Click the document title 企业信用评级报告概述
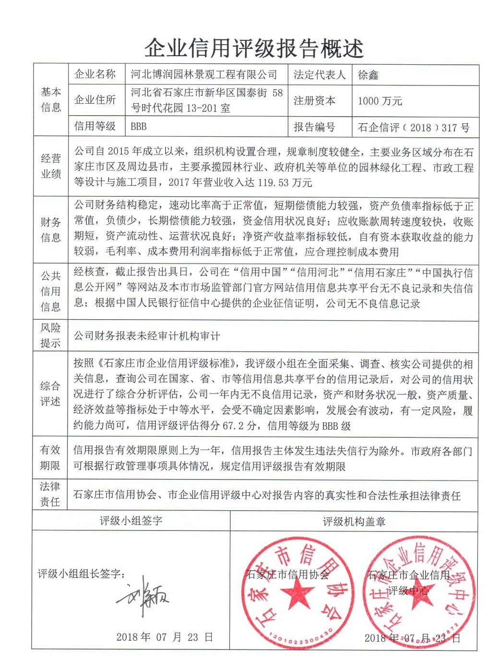254,48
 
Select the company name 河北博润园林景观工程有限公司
204,74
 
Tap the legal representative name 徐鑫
369,75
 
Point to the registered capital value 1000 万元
380,101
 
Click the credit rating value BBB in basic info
139,127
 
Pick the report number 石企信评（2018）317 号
414,127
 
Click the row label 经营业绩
51,166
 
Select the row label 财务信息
51,229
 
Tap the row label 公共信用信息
51,291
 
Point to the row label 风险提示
50,335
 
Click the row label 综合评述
50,394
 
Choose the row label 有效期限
50,457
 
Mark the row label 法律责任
50,494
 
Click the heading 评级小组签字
131,521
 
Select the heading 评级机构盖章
354,522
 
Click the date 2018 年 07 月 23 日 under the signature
164,637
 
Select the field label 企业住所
95,100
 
